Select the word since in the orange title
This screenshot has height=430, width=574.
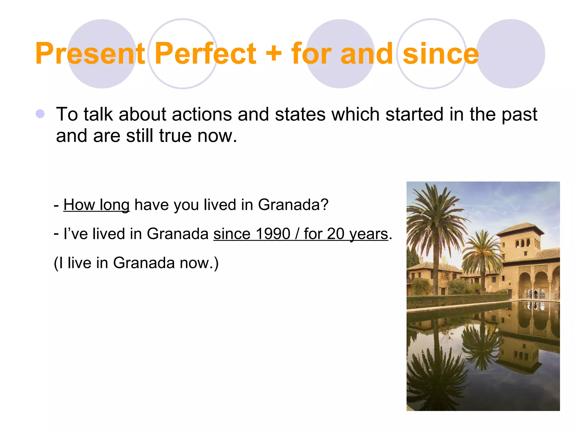(x=441, y=54)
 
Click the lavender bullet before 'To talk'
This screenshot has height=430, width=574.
(x=40, y=114)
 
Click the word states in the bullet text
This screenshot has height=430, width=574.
(x=300, y=114)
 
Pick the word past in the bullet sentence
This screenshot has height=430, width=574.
(x=519, y=115)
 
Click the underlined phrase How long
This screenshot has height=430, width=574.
(x=96, y=205)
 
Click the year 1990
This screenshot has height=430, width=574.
(x=273, y=234)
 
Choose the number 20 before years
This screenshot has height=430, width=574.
(x=335, y=234)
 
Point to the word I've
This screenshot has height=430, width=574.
(x=76, y=234)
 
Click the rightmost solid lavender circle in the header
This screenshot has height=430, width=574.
(x=511, y=54)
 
